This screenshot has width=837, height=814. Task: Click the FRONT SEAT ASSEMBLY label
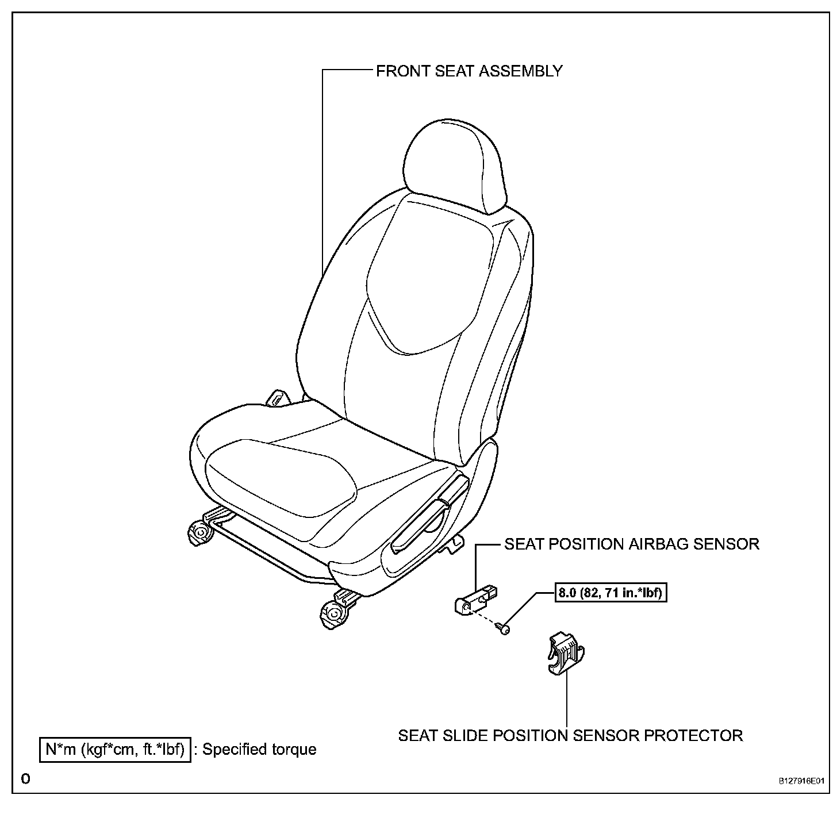coord(469,71)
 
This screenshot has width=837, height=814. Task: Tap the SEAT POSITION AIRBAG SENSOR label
coord(632,544)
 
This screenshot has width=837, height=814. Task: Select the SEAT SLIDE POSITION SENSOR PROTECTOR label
coord(570,735)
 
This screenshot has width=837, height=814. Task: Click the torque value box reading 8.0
coord(611,592)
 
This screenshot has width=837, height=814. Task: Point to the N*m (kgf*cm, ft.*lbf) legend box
coord(114,750)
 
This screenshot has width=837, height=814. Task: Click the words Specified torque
coord(259,750)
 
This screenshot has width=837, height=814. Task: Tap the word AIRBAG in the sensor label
coord(658,544)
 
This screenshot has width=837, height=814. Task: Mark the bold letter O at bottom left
coord(25,780)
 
